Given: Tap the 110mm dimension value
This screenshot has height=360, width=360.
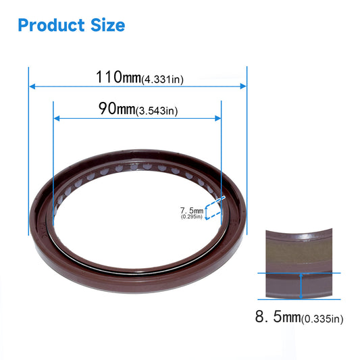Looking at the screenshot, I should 118,77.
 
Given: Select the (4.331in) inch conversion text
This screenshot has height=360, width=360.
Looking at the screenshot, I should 162,79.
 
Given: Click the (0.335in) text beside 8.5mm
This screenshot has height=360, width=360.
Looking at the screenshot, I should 318,319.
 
